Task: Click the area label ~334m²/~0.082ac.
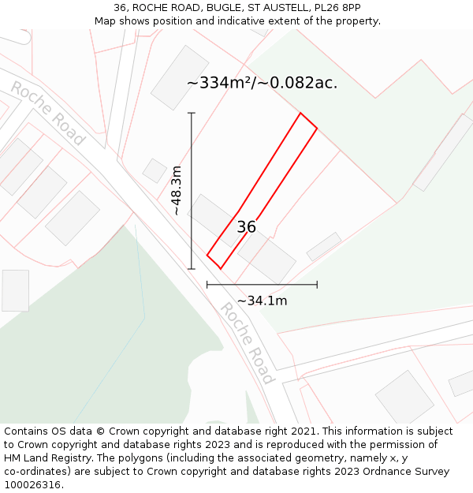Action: [x=262, y=83]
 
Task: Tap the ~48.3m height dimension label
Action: [x=177, y=190]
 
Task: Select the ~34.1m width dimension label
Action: [x=262, y=301]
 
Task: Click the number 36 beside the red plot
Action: [x=247, y=227]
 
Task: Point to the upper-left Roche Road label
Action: [x=47, y=112]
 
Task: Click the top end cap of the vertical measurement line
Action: [x=192, y=113]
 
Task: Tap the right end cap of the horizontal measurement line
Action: [x=317, y=284]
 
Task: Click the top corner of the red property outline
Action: [x=300, y=114]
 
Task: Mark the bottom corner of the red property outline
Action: [x=220, y=268]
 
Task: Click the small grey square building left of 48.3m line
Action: [x=154, y=170]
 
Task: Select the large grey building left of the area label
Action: [x=179, y=77]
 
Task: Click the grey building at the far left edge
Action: [x=15, y=290]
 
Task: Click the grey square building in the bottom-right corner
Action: [x=404, y=397]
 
